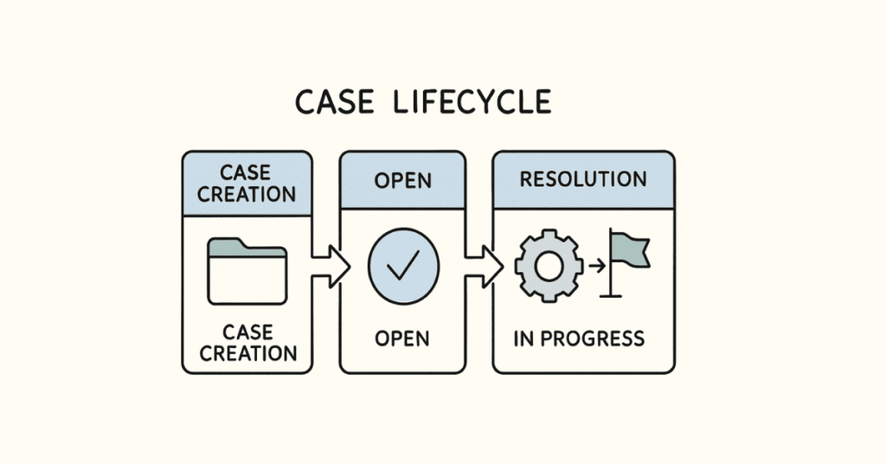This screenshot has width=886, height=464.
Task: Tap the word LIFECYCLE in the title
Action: tap(471, 102)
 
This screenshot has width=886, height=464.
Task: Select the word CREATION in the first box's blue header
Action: tap(247, 193)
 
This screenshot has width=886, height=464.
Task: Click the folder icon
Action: tap(247, 272)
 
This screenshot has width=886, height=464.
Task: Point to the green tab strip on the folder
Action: tap(247, 250)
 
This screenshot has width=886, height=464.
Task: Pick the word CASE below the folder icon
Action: tap(247, 332)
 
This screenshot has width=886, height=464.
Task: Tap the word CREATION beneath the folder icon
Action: tap(247, 353)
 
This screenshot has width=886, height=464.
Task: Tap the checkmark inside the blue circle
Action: tap(403, 267)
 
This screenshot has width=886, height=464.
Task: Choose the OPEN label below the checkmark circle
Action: tap(402, 338)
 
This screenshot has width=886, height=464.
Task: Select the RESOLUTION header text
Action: tap(582, 180)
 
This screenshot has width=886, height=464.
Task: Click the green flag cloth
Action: tap(630, 250)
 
